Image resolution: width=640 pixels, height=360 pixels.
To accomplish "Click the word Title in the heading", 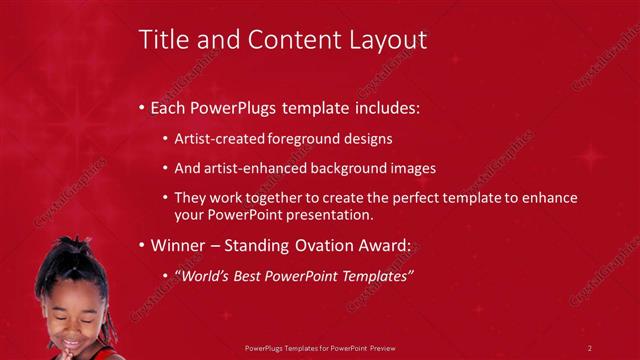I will tap(161, 40).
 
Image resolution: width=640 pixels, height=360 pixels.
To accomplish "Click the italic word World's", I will tap(207, 275).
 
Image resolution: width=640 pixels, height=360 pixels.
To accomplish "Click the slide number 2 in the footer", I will tap(590, 347).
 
